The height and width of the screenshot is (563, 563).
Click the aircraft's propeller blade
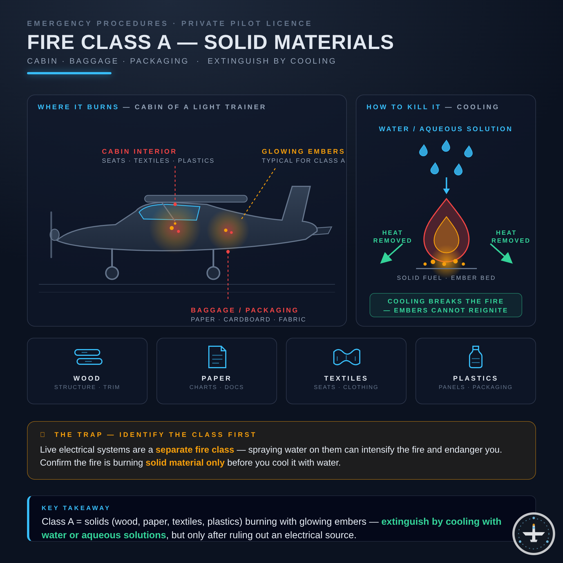click(51, 234)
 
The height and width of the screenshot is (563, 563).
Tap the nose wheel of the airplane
click(112, 273)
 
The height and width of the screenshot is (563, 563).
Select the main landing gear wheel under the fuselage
click(213, 273)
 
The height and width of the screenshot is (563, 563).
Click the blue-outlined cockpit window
click(169, 212)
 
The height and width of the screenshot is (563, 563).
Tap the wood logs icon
click(88, 357)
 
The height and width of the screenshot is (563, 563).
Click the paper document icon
click(217, 357)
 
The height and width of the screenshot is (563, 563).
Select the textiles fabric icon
click(347, 357)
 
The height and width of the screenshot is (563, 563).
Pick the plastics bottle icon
click(475, 357)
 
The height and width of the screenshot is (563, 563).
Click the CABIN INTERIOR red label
click(139, 151)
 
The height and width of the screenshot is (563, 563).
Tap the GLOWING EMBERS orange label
click(303, 151)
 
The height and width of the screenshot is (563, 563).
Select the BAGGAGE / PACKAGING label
click(245, 310)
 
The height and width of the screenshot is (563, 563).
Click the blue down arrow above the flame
click(446, 186)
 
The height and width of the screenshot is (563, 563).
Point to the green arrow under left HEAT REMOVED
click(391, 254)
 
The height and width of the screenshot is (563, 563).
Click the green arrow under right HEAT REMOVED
click(502, 254)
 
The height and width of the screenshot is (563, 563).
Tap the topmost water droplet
click(446, 146)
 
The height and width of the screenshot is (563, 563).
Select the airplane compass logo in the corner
click(533, 533)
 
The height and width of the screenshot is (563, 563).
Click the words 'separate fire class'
click(195, 450)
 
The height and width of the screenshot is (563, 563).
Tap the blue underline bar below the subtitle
click(69, 73)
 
